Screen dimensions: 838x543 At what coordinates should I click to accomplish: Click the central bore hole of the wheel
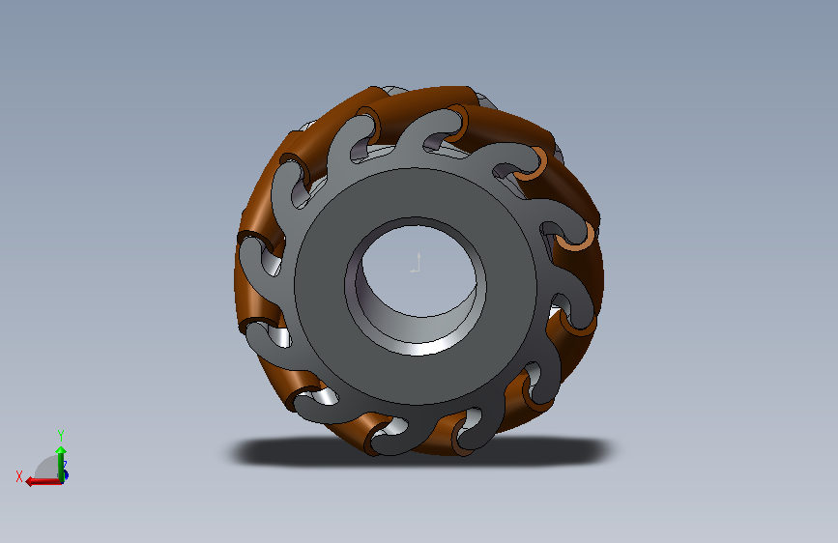click(417, 272)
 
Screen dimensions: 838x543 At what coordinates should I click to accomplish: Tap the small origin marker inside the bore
click(417, 264)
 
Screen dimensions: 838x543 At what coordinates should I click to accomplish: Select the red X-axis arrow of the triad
click(43, 481)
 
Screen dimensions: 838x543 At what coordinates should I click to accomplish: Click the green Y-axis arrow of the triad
click(61, 463)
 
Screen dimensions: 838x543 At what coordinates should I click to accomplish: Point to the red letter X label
click(19, 476)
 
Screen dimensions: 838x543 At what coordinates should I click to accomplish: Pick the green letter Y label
click(61, 435)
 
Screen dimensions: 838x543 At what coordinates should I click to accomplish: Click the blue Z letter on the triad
click(65, 466)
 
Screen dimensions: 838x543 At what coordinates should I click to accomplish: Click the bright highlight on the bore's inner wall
click(422, 348)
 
